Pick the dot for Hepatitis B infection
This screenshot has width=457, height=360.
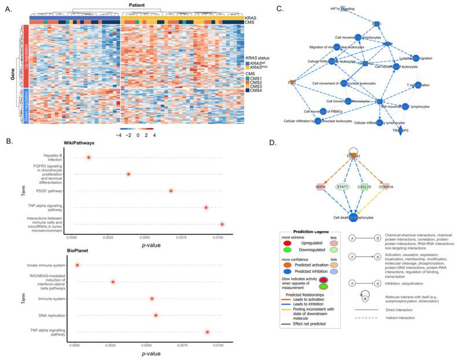(x=89, y=157)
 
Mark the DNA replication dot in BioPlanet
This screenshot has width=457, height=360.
(x=156, y=316)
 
